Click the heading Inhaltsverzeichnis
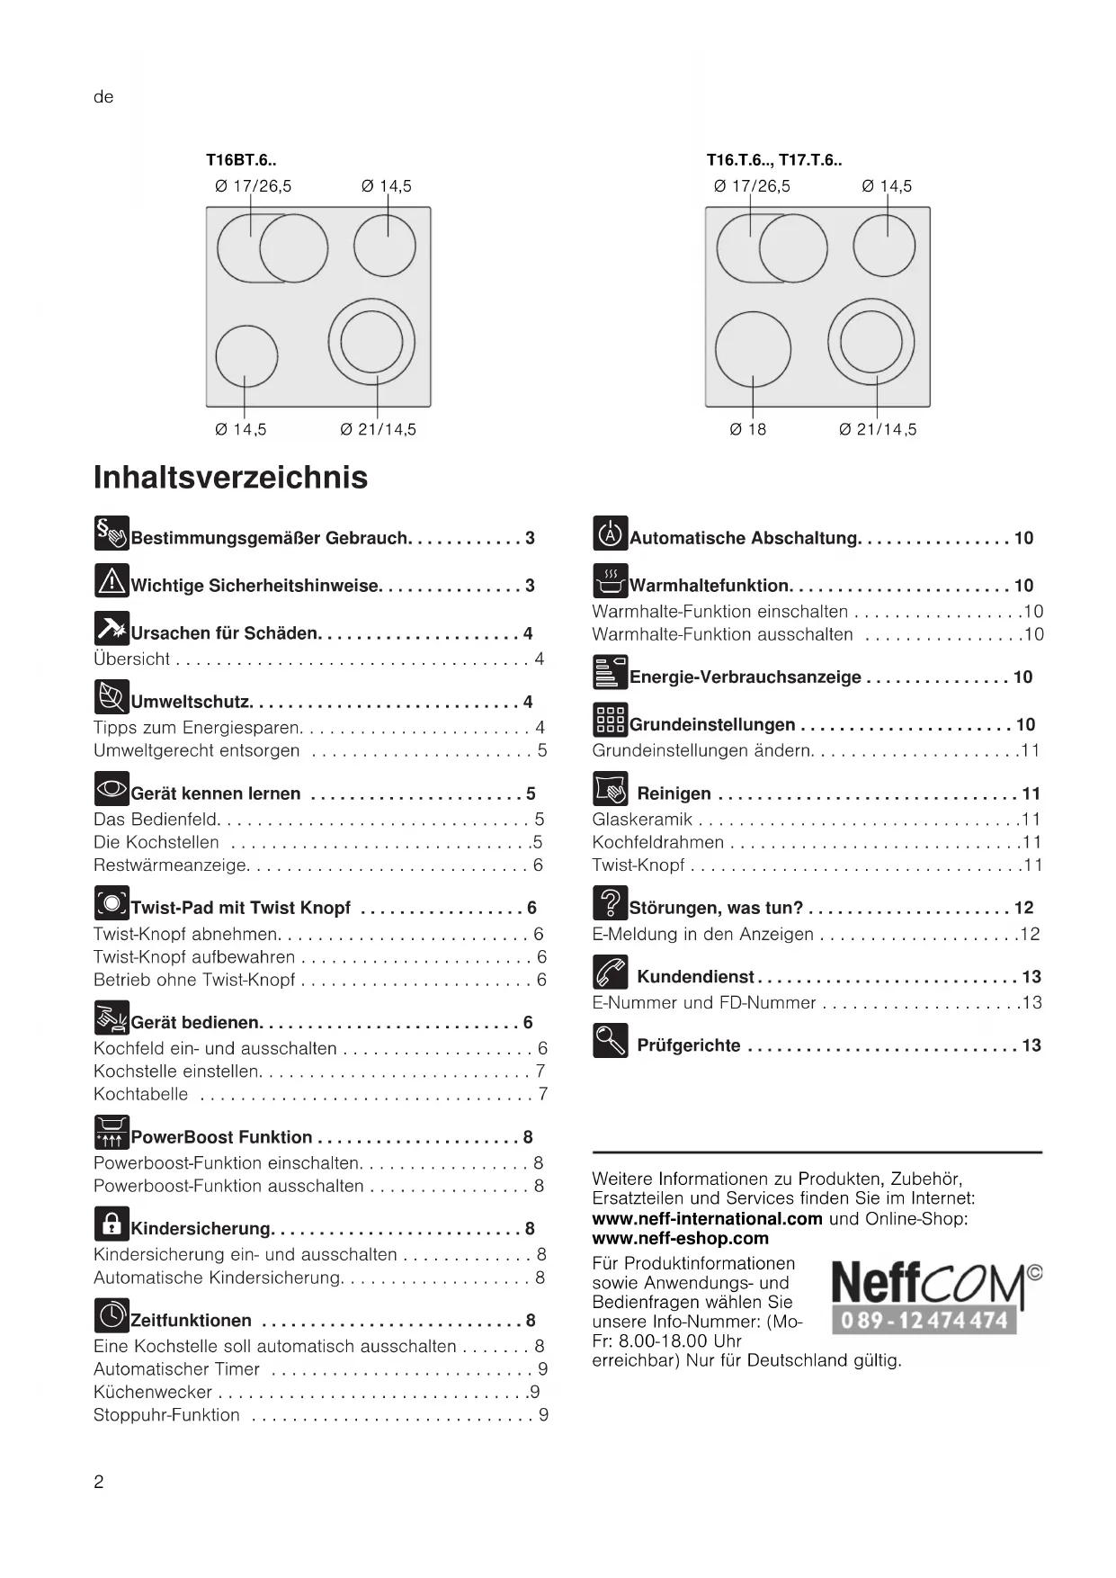230,477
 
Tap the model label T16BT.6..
241,160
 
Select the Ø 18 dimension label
748,429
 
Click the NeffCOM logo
935,1284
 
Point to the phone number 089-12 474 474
924,1321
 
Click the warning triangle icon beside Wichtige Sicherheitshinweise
112,581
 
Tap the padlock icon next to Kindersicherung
112,1224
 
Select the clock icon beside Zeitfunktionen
112,1316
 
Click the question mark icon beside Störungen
610,903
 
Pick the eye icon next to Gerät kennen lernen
112,789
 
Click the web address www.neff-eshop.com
680,1239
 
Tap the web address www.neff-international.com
707,1219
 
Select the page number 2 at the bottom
99,1482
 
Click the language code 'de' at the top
103,97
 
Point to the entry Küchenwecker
153,1392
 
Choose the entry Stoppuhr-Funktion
166,1415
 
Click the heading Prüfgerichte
689,1045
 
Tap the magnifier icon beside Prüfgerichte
610,1041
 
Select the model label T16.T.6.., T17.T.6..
773,160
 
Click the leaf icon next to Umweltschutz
112,697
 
